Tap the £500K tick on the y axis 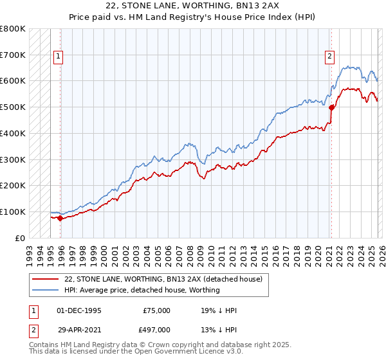pos(12,107)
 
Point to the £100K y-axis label pos(12,212)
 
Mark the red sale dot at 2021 pos(332,108)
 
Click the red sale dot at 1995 pos(60,218)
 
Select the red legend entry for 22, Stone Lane pos(163,280)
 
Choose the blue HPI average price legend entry pos(142,290)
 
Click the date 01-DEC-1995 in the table pos(79,310)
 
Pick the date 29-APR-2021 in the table pos(79,330)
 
